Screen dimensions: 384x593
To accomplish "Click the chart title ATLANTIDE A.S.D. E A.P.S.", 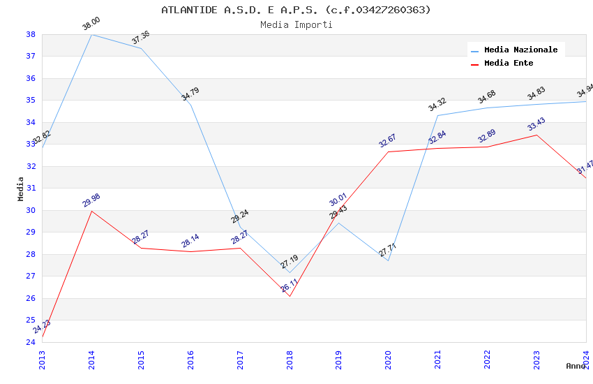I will tap(296, 10).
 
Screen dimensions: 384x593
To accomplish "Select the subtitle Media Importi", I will tap(296, 24).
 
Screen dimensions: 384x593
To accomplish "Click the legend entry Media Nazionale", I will tap(520, 50).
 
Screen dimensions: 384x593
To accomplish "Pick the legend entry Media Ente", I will tap(509, 63).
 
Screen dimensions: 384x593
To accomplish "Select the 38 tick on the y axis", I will tap(31, 34).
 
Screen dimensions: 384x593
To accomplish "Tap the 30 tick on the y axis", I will tap(31, 210).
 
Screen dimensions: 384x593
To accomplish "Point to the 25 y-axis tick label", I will tap(31, 320).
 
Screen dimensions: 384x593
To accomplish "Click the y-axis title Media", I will tap(21, 189).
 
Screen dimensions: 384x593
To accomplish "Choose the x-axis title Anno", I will tap(576, 366).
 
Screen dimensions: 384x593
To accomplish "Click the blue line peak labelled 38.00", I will tap(91, 34).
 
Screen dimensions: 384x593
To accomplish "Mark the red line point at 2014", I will tap(91, 211).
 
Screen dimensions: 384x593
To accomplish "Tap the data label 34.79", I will tap(190, 94).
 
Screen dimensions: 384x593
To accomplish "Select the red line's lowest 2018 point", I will tap(290, 296).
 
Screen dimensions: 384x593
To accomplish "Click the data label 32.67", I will tap(387, 140).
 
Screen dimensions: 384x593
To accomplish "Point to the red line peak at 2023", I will tap(536, 135).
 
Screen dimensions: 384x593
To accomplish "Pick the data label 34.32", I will tap(437, 105).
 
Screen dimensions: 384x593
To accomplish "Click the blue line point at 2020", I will tap(389, 260).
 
